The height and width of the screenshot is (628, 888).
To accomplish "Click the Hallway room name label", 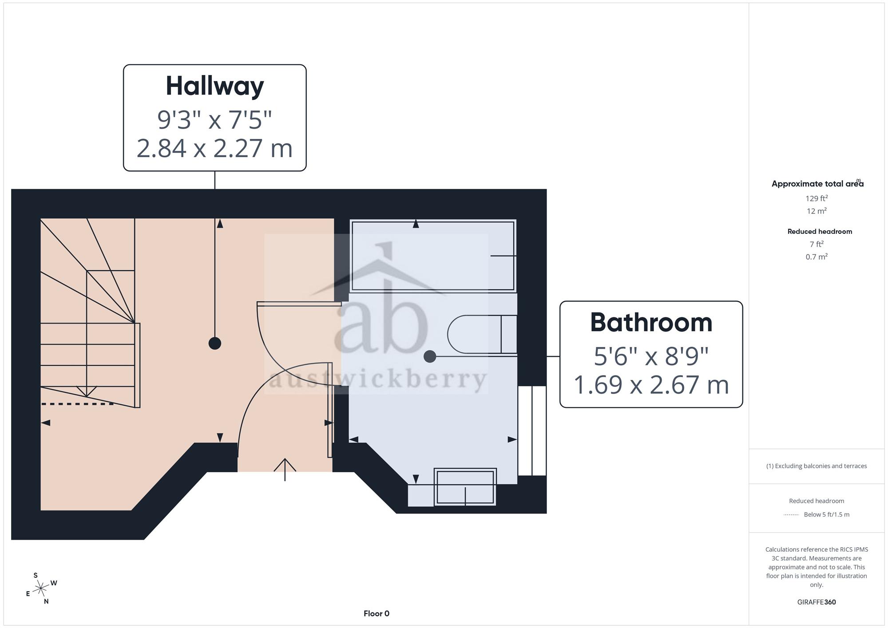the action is coord(215,86).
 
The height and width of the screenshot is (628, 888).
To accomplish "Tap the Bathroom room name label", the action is coord(651,323).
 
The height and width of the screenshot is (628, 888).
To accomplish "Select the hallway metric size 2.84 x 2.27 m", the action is coord(214,148).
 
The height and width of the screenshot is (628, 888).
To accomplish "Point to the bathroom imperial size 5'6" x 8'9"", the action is coord(651,356).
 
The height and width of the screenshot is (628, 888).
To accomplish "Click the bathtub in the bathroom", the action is coord(433,256).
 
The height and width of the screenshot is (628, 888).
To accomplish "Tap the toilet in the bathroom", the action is coord(482,335).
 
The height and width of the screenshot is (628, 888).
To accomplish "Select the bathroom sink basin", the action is coord(465,487).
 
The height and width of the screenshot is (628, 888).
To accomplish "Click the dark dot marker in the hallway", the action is coord(215,343).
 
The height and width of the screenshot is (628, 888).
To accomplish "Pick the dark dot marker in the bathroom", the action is coord(430,356).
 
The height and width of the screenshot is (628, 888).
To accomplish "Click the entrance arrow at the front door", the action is coord(285,470).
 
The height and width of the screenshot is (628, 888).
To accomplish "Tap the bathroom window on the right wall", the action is coord(532,431).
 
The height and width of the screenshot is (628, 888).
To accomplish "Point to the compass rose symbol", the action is coord(41,589).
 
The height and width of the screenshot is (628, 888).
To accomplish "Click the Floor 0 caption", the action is coord(377,614).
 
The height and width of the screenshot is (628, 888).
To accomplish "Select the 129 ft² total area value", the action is coord(817,198).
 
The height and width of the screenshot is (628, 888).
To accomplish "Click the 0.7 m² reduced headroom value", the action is coord(817,257).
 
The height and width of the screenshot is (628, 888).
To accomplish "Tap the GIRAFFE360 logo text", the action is coord(817,602).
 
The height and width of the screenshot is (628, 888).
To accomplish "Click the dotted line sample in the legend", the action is coord(791,515).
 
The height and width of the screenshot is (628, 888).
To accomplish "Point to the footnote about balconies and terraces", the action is coord(817,466).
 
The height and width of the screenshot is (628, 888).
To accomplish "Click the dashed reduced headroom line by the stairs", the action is coord(78,404).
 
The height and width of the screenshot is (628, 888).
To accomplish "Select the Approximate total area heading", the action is coord(817,183).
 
